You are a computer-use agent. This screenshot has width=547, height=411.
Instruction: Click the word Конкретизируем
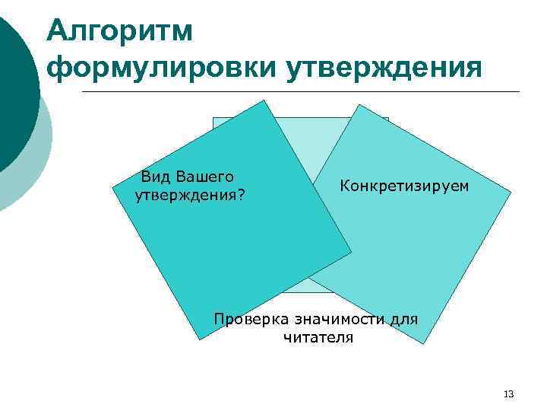pos(404,186)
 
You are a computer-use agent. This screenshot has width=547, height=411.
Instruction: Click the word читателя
pos(318,337)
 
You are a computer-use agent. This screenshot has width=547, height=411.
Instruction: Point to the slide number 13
pos(508,393)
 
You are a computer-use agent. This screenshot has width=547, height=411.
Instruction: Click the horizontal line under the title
pos(304,92)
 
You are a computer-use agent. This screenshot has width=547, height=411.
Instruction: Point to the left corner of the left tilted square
pos(112,185)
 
